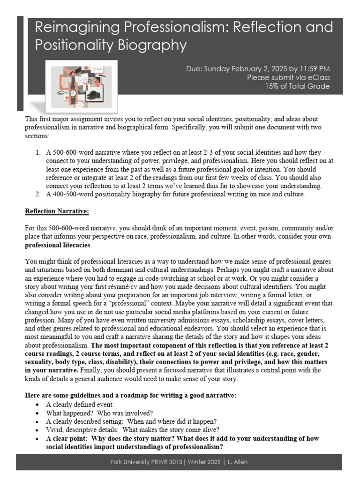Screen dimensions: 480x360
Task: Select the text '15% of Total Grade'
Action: [x=297, y=86]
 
